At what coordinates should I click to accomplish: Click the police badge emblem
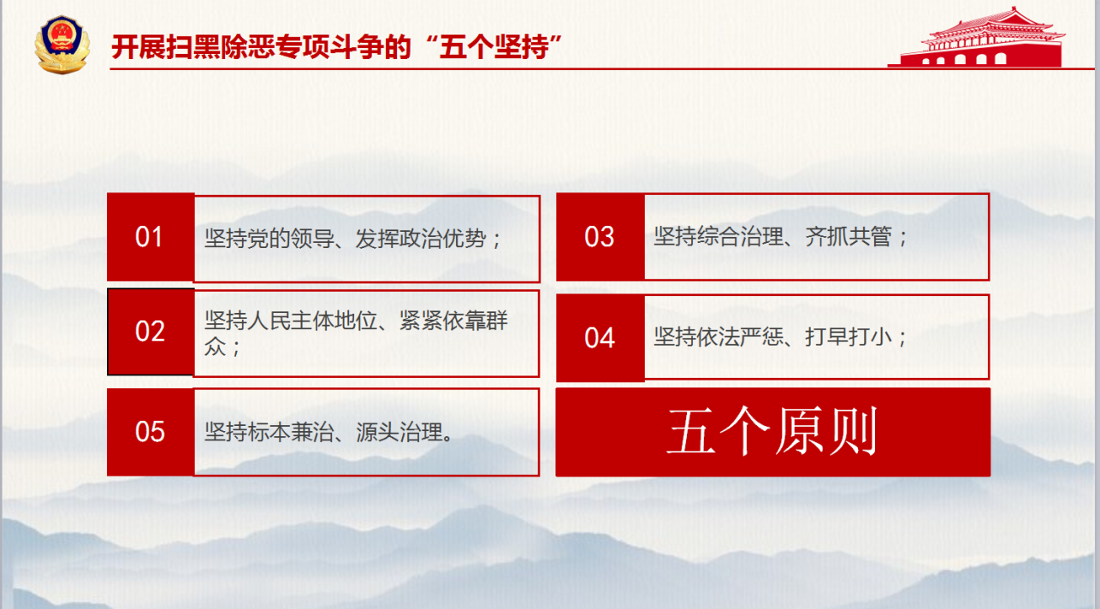tap(61, 44)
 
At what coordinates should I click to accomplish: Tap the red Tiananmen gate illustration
tap(975, 38)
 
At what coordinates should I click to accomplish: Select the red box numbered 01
tap(151, 237)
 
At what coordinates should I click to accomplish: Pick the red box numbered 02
tap(151, 332)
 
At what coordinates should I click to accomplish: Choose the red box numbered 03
tap(600, 237)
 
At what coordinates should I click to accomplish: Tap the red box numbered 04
tap(600, 338)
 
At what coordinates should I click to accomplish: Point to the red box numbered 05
tap(151, 431)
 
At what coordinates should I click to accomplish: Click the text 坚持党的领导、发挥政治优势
tap(352, 238)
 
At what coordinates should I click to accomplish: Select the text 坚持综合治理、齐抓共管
tap(780, 237)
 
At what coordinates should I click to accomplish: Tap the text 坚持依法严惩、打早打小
tap(780, 337)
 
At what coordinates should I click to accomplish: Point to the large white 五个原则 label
tap(772, 433)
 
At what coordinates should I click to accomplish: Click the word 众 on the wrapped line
tap(215, 346)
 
